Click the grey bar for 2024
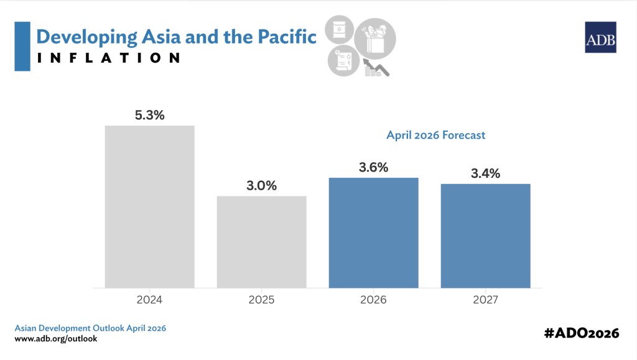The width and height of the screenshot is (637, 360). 149,206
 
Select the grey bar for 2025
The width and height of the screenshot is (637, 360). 261,242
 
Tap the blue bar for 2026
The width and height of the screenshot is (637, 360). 373,233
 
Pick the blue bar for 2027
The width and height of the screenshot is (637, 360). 485,236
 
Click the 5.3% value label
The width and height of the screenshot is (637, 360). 149,115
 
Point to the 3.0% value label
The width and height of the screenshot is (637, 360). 261,186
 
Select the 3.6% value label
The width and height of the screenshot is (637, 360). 373,167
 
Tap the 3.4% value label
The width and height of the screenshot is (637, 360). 485,173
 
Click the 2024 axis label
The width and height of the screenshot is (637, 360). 149,300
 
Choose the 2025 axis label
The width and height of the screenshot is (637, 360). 261,300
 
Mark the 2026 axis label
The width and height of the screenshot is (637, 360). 373,300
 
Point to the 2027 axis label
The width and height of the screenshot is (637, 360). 485,300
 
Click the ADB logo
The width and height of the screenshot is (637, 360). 600,37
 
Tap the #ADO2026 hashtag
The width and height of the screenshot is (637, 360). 581,333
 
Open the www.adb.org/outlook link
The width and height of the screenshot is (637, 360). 56,339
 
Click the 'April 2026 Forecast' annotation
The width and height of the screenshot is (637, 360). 435,135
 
